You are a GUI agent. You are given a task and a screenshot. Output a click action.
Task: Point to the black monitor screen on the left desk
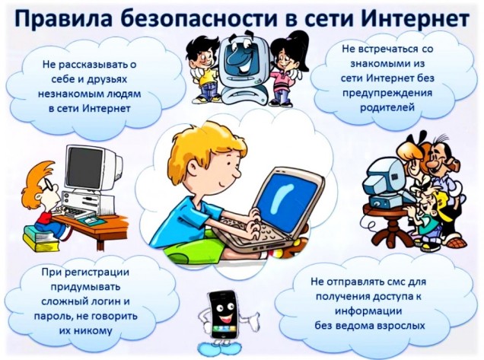(x=85, y=167)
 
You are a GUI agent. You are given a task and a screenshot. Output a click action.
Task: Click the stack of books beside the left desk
(x=39, y=239)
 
